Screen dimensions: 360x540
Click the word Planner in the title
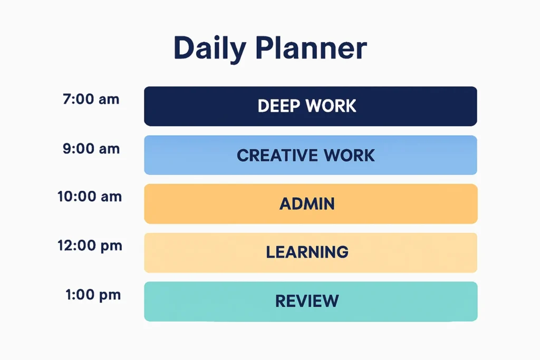[x=311, y=48]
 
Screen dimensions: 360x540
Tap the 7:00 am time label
[x=91, y=99]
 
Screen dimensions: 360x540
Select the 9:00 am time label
[x=91, y=149]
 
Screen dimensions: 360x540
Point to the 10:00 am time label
[x=89, y=197]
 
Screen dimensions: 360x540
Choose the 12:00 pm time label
[x=89, y=246]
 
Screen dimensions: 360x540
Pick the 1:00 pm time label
[x=93, y=295]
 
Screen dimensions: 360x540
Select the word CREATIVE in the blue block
[x=277, y=155]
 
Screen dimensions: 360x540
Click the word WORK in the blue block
[x=350, y=155]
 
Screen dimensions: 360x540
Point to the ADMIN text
[x=307, y=204]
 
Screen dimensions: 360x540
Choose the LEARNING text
[x=307, y=252]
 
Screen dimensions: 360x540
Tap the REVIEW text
[x=307, y=301]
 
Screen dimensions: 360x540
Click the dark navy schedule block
[x=422, y=106]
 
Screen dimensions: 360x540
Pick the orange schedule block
[x=422, y=204]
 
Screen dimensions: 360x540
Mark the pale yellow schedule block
[x=422, y=252]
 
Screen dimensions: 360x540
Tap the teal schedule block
[x=422, y=301]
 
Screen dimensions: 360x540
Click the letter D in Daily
[x=184, y=48]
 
